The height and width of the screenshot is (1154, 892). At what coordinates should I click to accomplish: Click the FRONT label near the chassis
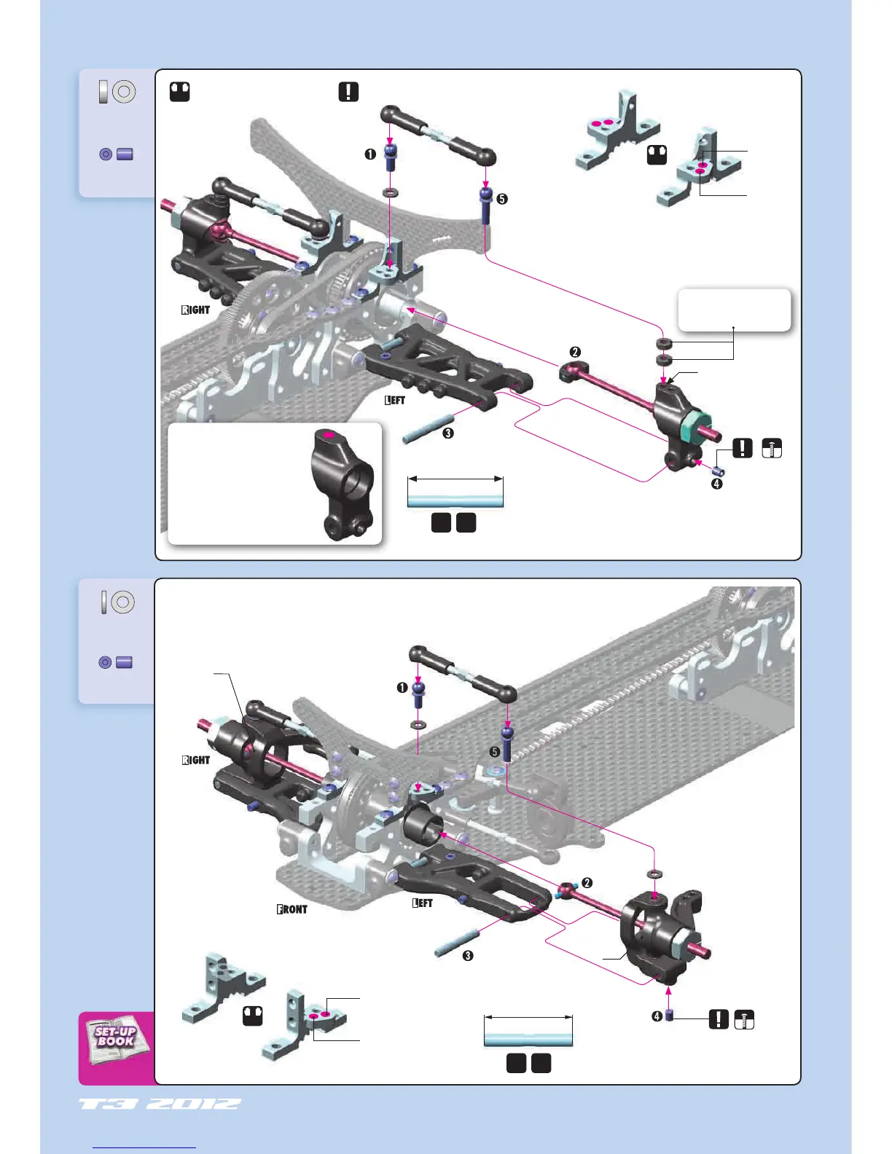tap(292, 909)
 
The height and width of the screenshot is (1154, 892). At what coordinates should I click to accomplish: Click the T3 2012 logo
tap(160, 1104)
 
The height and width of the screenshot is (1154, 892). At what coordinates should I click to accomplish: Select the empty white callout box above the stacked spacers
tap(734, 310)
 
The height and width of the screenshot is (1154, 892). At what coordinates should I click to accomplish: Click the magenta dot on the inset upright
tap(328, 435)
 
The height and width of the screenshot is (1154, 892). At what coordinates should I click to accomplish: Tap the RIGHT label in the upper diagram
tap(195, 310)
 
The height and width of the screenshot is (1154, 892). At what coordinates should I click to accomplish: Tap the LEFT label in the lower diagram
tap(423, 903)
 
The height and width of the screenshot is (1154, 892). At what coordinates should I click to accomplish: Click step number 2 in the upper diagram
tap(575, 352)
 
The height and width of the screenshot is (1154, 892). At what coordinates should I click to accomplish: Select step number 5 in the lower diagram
tap(495, 752)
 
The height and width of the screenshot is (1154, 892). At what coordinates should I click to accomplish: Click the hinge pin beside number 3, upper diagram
tap(429, 428)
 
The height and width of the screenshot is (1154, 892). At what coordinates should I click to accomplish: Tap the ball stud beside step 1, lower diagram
tap(419, 694)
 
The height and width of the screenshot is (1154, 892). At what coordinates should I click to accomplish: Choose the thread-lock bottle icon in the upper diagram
tap(772, 448)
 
